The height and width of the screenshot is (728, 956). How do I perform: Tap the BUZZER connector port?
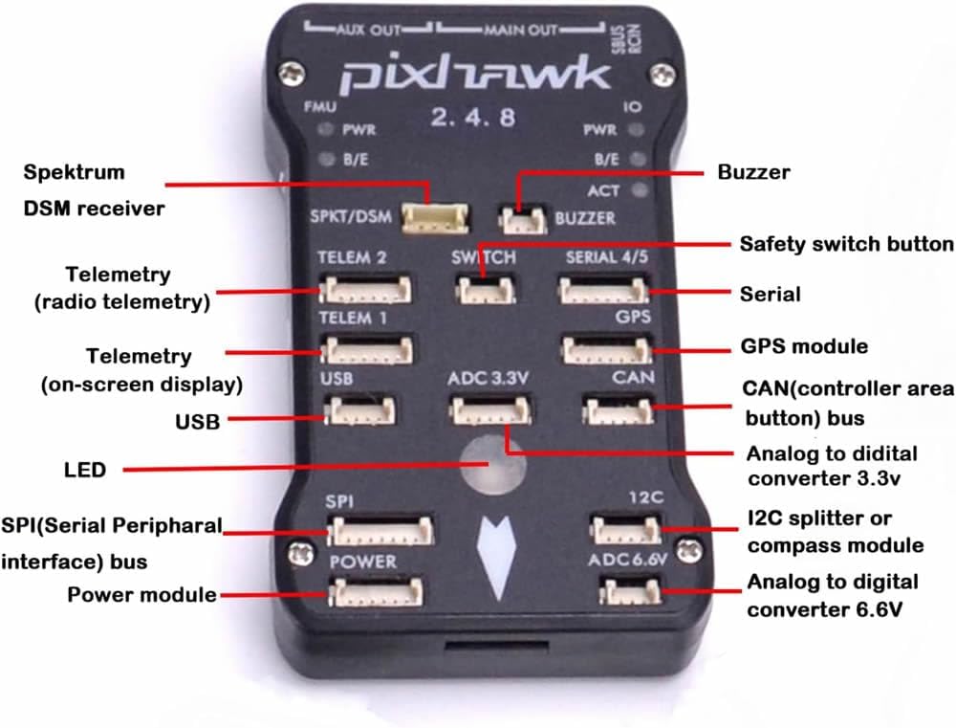pos(522,221)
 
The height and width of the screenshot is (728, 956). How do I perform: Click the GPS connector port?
pos(604,350)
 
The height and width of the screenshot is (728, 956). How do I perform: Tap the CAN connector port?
pos(617,410)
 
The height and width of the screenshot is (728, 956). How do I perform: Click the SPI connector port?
pos(380,530)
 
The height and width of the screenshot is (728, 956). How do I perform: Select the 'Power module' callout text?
pos(141,595)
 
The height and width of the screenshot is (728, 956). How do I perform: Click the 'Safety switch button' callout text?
pos(846,243)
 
